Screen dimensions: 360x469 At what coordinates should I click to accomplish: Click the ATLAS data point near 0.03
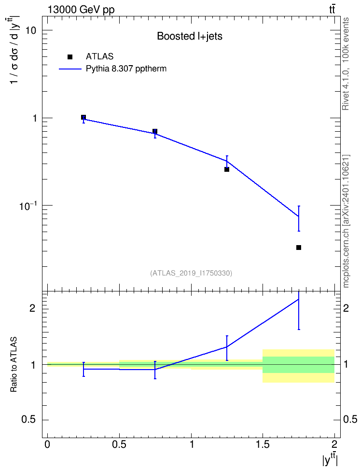[x=298, y=248]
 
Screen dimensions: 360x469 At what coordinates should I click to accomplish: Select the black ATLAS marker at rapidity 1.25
[x=226, y=169]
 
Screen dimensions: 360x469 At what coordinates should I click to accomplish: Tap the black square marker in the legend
[x=69, y=57]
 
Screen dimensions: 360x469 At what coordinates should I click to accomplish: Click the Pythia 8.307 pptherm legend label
[x=126, y=69]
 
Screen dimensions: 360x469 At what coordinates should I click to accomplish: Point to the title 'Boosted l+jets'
[x=190, y=36]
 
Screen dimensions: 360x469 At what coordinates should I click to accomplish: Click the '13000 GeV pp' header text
[x=81, y=10]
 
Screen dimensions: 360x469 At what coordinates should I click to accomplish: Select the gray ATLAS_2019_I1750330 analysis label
[x=191, y=273]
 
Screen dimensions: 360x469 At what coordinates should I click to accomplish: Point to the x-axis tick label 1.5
[x=263, y=444]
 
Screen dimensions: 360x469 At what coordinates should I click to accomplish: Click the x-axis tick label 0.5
[x=119, y=444]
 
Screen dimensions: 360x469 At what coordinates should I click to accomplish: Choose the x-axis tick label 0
[x=47, y=444]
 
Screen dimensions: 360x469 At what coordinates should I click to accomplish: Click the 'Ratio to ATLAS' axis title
[x=14, y=364]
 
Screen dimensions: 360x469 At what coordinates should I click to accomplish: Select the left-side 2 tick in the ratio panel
[x=32, y=308]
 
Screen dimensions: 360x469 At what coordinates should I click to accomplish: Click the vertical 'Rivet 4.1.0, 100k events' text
[x=346, y=64]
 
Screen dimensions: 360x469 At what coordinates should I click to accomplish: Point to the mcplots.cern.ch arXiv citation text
[x=346, y=221]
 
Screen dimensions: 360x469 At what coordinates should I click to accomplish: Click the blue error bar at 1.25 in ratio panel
[x=227, y=348]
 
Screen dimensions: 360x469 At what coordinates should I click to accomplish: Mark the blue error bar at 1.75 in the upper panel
[x=298, y=219]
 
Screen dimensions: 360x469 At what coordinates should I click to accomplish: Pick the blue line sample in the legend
[x=70, y=69]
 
